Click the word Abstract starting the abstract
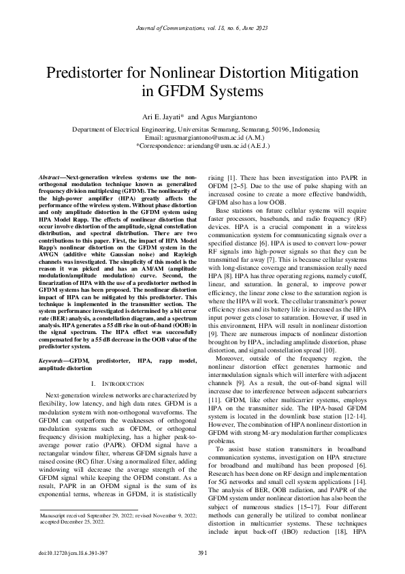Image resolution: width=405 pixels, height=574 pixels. (51, 177)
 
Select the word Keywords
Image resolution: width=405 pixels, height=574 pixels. (52, 358)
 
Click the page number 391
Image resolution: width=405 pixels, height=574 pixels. (202, 552)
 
